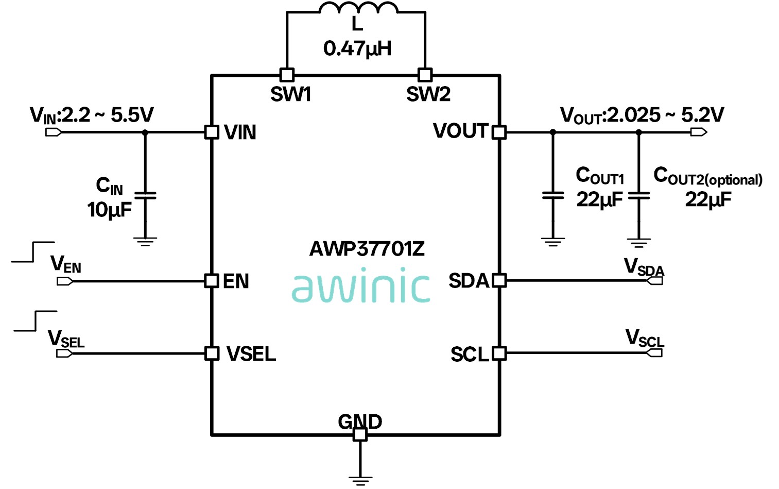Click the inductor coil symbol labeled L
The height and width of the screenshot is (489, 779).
click(x=358, y=8)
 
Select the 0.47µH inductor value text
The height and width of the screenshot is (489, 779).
click(x=357, y=48)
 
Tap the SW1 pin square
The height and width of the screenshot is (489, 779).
click(x=287, y=75)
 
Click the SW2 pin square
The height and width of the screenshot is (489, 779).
click(x=425, y=75)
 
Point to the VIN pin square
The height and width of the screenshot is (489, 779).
click(x=212, y=132)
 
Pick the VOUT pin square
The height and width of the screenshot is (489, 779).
click(x=499, y=132)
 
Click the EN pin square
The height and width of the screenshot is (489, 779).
click(x=212, y=281)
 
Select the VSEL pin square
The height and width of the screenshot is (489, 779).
click(x=212, y=353)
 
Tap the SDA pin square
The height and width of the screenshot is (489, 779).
click(x=499, y=281)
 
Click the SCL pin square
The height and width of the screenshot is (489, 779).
click(x=499, y=353)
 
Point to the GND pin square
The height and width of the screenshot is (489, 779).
click(x=360, y=434)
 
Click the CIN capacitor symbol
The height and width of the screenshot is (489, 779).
click(x=145, y=196)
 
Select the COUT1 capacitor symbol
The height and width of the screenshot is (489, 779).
click(x=553, y=196)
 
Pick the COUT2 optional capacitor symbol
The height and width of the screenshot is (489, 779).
click(x=639, y=196)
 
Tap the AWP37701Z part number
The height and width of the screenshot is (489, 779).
click(x=367, y=249)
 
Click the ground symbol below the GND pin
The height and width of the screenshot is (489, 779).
click(x=360, y=479)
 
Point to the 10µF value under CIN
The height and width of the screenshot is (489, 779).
click(x=109, y=210)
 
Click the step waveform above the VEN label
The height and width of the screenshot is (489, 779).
click(x=33, y=251)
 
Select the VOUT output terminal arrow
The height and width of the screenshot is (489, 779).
click(x=699, y=132)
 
